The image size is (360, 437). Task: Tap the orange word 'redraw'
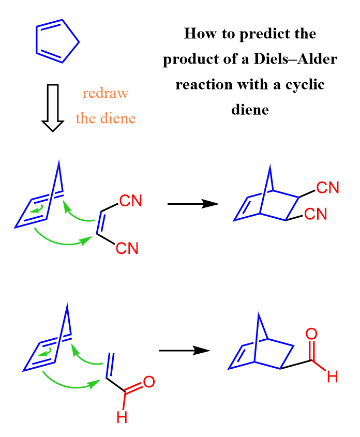106,94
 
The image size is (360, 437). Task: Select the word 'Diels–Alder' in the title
295,59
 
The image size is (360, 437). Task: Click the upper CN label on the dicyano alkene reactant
131,201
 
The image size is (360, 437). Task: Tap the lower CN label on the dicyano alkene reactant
127,248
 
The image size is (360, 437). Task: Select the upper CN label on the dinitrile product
328,187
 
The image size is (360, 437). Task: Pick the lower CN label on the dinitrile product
316,214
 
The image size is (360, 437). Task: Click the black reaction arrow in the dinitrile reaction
193,204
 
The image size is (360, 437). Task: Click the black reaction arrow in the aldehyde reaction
184,350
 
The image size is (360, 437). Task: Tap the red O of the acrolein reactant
149,382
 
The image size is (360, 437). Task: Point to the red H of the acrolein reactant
122,417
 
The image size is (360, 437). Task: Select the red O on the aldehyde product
311,334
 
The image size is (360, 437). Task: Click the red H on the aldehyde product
332,377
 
